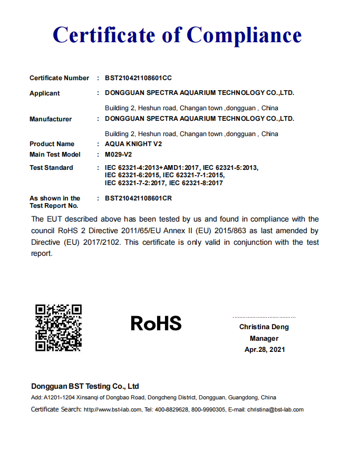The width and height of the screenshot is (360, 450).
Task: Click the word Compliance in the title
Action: [244, 35]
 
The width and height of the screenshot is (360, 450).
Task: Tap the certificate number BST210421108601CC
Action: [139, 78]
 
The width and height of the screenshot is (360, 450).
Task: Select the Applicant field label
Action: [45, 93]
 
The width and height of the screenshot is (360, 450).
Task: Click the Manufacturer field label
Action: [51, 119]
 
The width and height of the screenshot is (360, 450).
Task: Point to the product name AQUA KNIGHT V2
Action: [133, 144]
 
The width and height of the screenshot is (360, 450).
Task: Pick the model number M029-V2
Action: [119, 155]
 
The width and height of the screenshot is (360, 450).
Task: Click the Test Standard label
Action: [51, 168]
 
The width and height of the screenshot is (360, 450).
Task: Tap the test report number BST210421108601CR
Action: [139, 198]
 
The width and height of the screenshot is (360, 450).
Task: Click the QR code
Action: [58, 328]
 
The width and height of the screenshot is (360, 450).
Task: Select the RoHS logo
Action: [156, 323]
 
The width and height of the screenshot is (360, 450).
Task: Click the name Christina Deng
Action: [264, 327]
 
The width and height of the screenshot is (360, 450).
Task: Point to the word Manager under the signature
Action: [264, 338]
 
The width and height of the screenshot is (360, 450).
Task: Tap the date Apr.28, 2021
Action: [264, 350]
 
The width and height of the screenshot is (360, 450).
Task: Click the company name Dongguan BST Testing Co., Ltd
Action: [85, 386]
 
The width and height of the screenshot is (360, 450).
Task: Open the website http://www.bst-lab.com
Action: [112, 410]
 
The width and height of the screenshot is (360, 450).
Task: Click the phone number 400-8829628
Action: [174, 410]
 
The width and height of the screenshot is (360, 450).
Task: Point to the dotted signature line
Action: [264, 317]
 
